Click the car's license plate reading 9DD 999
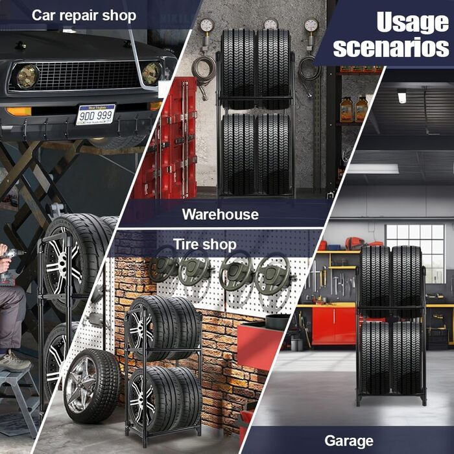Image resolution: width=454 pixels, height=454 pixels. pos(95,115)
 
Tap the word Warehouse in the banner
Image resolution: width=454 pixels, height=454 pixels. pos(221,215)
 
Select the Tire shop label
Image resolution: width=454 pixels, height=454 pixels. pos(205,245)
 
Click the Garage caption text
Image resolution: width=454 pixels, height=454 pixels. pos(349,441)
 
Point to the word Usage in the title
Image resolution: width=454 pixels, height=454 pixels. pos(412,22)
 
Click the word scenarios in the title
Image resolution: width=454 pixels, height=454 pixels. pos(391,47)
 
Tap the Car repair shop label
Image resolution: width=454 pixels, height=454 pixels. pos(84,16)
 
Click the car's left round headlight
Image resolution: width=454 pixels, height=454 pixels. pos(27,77)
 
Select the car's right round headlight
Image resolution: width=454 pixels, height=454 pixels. pos(151,73)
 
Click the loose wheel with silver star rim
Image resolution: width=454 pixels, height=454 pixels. pos(92,386)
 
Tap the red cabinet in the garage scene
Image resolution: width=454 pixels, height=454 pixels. pos(334,326)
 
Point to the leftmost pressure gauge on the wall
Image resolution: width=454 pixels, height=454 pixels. pos(207,25)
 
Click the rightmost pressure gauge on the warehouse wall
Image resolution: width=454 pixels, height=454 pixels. pos(311,25)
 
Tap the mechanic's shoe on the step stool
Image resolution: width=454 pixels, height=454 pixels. pos(14,362)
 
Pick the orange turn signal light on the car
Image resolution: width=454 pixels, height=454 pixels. pos(19,112)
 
